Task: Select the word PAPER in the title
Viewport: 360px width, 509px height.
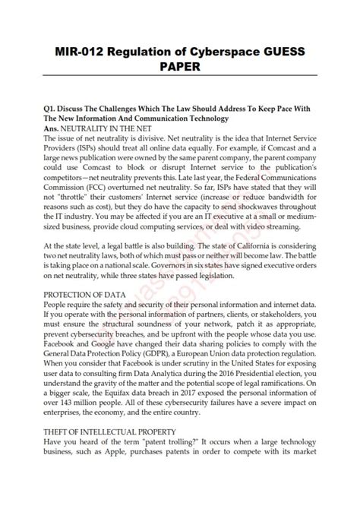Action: coord(179,68)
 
